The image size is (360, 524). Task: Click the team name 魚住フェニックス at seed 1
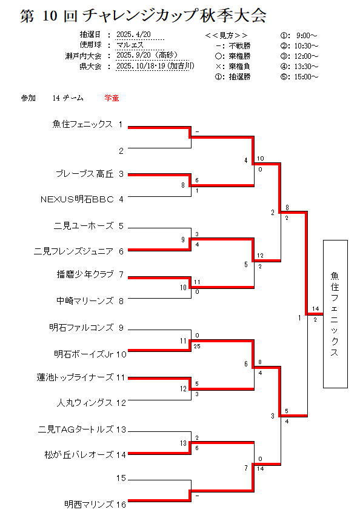point(82,124)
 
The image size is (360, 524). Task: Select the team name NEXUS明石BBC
point(77,199)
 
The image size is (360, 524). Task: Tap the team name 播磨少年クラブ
point(85,274)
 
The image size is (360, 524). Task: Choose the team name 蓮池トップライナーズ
point(75,377)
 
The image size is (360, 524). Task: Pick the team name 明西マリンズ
point(89,504)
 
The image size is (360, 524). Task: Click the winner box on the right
point(335,314)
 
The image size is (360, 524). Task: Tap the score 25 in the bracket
point(197,347)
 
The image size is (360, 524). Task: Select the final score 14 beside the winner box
point(316,309)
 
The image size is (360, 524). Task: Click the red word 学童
point(112,98)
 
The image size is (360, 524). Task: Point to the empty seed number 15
point(121,478)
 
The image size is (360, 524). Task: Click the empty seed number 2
point(121,151)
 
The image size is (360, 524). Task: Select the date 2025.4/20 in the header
point(133,35)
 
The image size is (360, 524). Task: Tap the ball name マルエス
point(130,45)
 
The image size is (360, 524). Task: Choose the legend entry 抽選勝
point(233,77)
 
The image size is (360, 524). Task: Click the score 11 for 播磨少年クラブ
point(197,282)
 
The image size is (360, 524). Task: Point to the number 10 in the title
point(50,16)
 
